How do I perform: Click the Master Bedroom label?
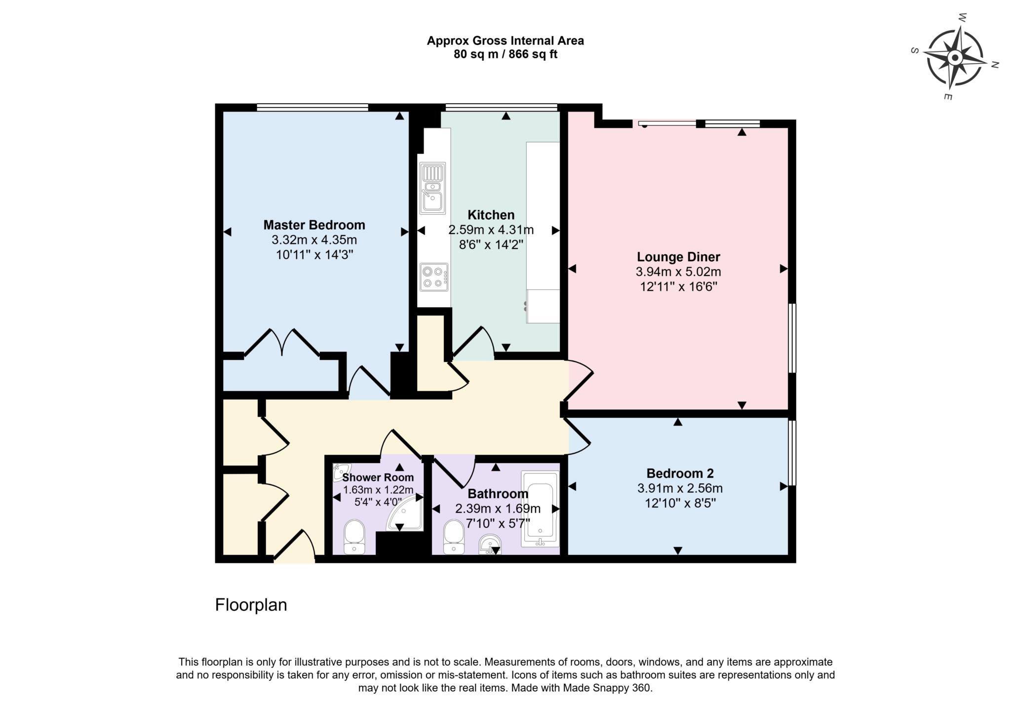point(314,225)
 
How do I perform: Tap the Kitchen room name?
point(491,215)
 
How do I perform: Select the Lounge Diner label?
point(678,257)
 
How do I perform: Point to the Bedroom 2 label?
point(680,474)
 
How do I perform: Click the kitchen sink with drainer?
point(433,188)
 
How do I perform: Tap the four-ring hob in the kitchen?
point(434,277)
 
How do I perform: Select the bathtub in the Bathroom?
point(540,509)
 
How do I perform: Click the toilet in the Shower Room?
point(354,537)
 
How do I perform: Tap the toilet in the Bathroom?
point(453,537)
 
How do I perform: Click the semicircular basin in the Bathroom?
point(490,545)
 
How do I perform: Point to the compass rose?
point(955,58)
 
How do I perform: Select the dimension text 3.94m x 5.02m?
point(678,272)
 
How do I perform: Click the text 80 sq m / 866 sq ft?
point(505,54)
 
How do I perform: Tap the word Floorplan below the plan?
point(251,605)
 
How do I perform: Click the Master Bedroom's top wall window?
point(312,107)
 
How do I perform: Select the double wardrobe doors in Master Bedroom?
point(282,342)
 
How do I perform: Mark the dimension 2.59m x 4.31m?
point(491,230)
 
